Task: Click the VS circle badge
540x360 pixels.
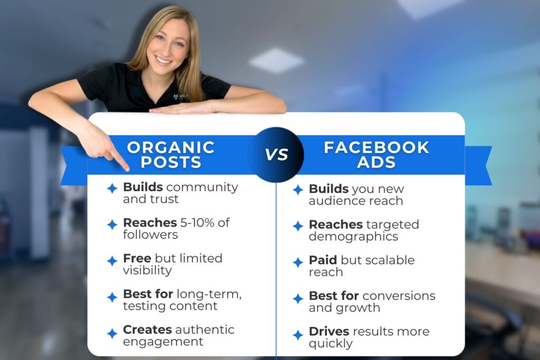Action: pyautogui.click(x=276, y=154)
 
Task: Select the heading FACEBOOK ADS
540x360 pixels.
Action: pyautogui.click(x=377, y=154)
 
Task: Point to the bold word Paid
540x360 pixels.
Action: pyautogui.click(x=323, y=260)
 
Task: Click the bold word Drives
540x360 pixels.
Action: pyautogui.click(x=329, y=332)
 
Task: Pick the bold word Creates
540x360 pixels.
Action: pyautogui.click(x=148, y=329)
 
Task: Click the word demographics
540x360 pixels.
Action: pyautogui.click(x=353, y=237)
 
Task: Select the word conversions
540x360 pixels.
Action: pyautogui.click(x=399, y=296)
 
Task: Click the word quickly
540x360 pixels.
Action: pyautogui.click(x=331, y=344)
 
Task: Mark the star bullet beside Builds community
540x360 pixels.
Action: pyautogui.click(x=112, y=188)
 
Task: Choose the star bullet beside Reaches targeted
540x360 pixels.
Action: pyautogui.click(x=298, y=226)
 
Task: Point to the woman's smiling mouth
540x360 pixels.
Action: pyautogui.click(x=163, y=60)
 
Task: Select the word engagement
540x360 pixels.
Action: pyautogui.click(x=163, y=342)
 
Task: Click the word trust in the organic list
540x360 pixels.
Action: pyautogui.click(x=166, y=199)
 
